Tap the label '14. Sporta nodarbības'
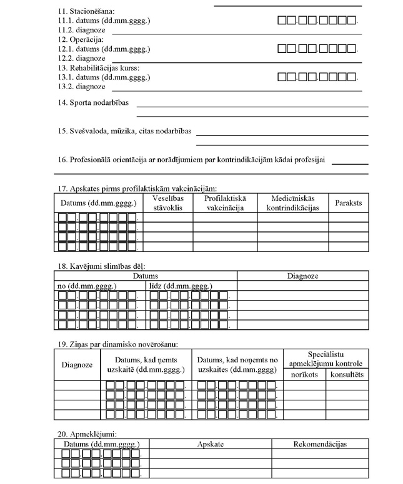point(93,102)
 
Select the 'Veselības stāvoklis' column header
point(168,203)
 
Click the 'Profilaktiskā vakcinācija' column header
point(224,203)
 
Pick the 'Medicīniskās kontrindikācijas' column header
point(292,203)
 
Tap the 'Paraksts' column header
point(348,203)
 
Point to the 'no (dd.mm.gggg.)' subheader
point(84,286)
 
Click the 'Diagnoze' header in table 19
point(77,365)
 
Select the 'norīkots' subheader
point(305,374)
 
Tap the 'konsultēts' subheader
point(347,374)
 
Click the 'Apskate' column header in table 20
point(211,443)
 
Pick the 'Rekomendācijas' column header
point(320,443)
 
